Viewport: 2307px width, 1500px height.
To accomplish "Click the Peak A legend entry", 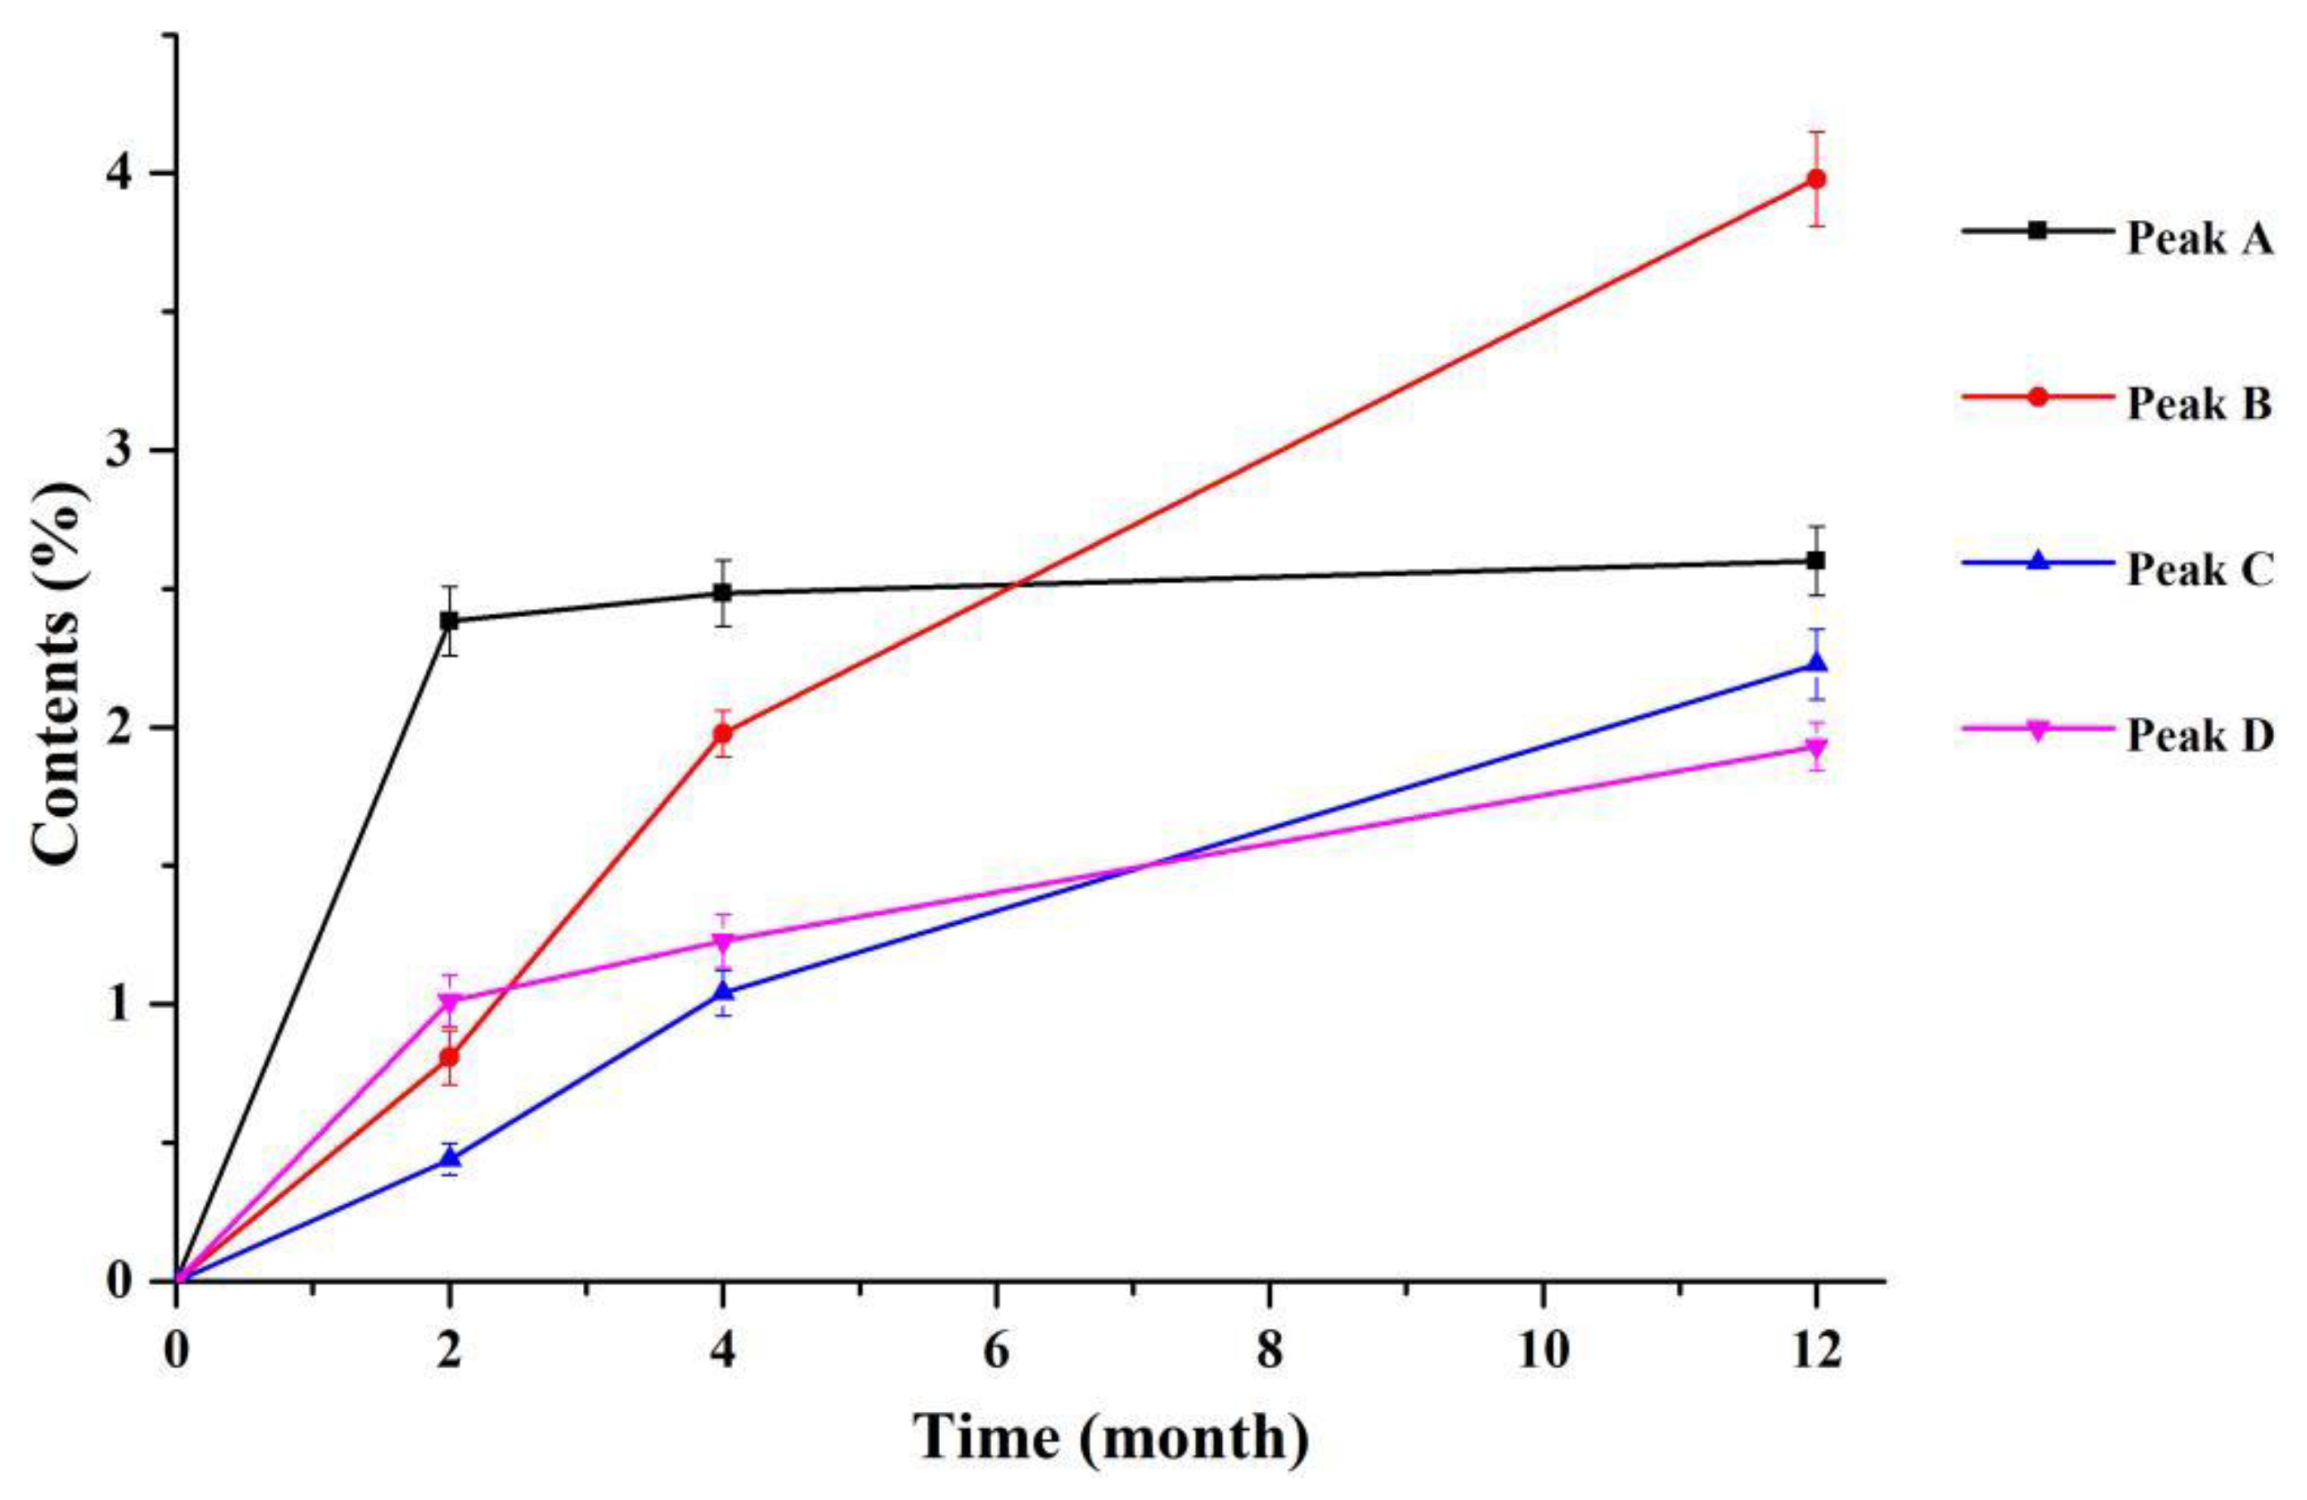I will point(2197,238).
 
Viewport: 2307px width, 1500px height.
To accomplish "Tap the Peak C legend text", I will point(2197,570).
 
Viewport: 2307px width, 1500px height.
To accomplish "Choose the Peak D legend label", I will point(2197,737).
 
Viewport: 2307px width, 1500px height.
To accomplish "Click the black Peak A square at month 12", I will point(1816,561).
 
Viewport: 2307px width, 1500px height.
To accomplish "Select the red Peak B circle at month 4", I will point(722,734).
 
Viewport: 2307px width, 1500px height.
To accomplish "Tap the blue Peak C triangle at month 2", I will point(449,1158).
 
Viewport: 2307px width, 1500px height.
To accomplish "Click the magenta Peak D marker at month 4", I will point(722,942).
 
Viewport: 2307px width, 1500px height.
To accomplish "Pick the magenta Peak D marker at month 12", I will point(1816,748).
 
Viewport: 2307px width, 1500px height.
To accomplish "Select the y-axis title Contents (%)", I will point(60,673).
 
